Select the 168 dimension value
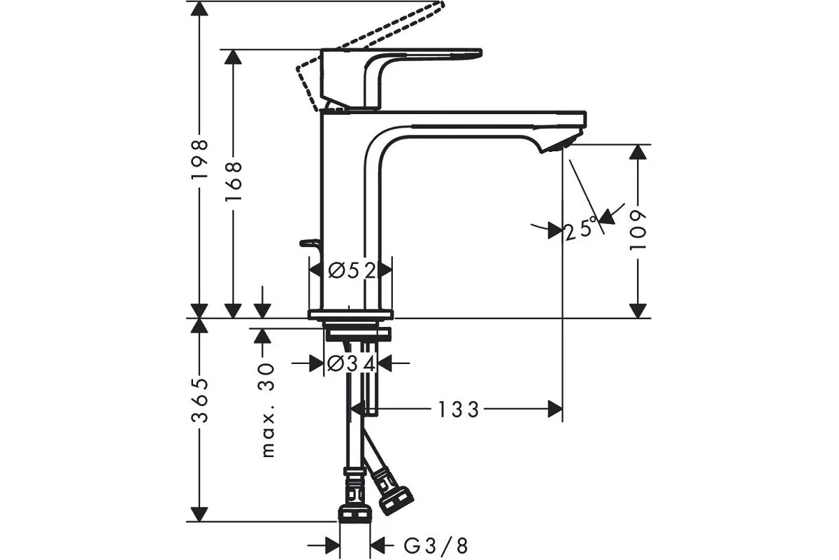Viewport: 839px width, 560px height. [234, 181]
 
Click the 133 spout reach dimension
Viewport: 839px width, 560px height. [459, 409]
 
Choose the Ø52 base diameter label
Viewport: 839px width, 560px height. [352, 269]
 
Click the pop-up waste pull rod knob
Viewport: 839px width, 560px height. [308, 244]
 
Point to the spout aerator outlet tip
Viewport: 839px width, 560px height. [563, 144]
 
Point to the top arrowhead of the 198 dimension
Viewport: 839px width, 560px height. [200, 8]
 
